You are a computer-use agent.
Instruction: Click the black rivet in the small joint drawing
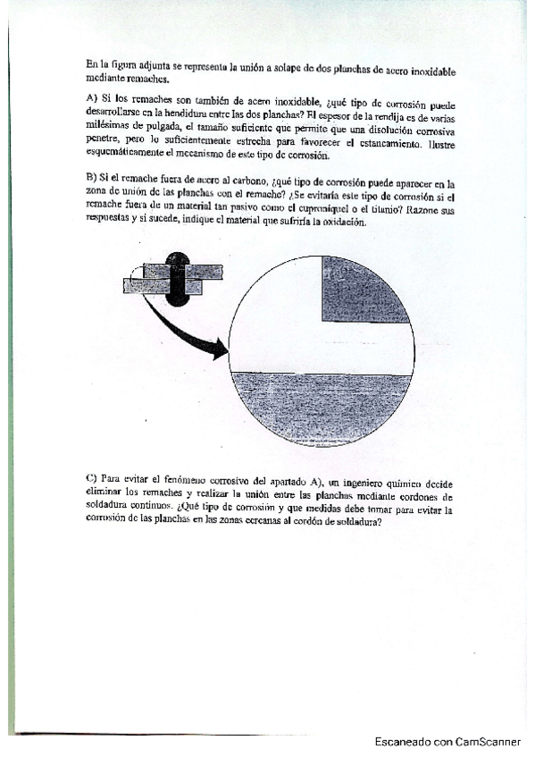(179, 279)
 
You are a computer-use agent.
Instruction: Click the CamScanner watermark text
(447, 741)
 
